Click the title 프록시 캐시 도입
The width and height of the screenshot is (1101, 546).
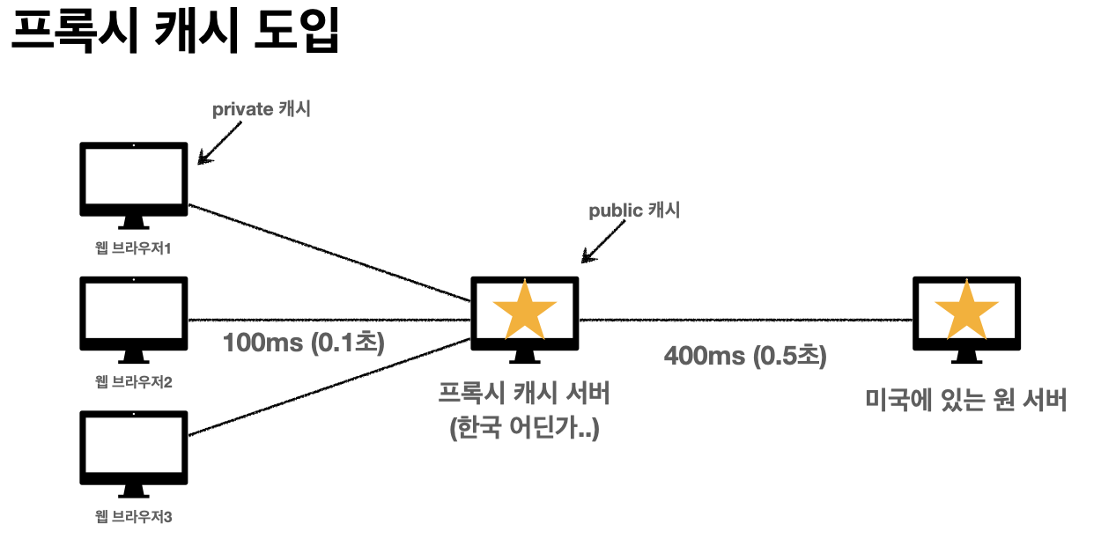[x=174, y=33]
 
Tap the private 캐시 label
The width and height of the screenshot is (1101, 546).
[x=261, y=110]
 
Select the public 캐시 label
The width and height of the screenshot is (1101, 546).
[x=634, y=211]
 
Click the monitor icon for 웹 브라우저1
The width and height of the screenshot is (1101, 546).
[x=134, y=180]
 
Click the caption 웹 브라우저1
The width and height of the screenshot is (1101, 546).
[x=133, y=247]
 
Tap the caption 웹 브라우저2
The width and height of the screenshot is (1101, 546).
[x=133, y=382]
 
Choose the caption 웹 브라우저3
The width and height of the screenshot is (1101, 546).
[x=133, y=516]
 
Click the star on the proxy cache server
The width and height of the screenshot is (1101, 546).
[x=525, y=309]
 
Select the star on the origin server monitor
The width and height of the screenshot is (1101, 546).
[x=966, y=309]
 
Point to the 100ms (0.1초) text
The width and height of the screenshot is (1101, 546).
[x=304, y=342]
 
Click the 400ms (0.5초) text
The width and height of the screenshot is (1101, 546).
[x=745, y=356]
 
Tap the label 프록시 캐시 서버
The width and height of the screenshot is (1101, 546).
[x=525, y=394]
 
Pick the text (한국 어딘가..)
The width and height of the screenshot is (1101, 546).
[x=525, y=430]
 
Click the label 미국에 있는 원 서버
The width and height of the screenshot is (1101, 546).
[x=966, y=401]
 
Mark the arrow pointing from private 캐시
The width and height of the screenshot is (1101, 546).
[x=220, y=142]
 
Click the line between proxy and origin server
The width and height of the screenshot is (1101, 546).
[x=745, y=320]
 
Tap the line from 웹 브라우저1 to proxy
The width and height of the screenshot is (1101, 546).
[x=330, y=252]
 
